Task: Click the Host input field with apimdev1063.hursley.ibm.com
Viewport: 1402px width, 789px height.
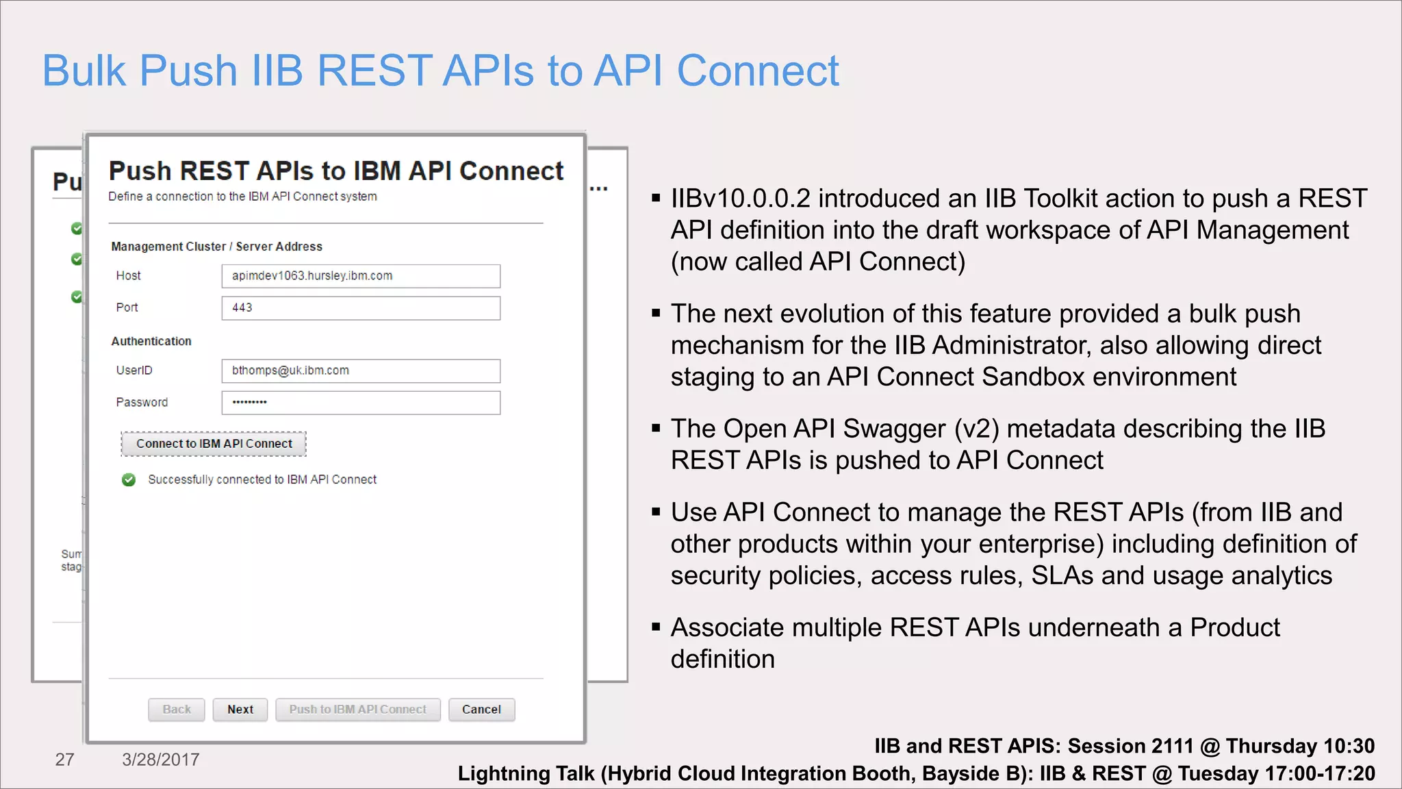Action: pyautogui.click(x=361, y=276)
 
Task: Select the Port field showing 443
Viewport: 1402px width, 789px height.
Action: pyautogui.click(x=361, y=308)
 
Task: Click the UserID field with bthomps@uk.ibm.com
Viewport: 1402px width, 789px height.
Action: pyautogui.click(x=361, y=371)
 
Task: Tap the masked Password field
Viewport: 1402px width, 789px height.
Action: pyautogui.click(x=361, y=403)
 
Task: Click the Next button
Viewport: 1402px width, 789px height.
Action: pyautogui.click(x=240, y=710)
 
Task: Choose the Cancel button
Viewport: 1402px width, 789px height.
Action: pyautogui.click(x=481, y=710)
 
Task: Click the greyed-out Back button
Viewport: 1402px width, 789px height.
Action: pyautogui.click(x=177, y=710)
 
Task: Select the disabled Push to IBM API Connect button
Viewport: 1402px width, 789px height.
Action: pyautogui.click(x=357, y=710)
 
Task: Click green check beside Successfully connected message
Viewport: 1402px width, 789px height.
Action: pyautogui.click(x=129, y=480)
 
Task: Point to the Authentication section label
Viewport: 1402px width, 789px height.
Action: pyautogui.click(x=151, y=341)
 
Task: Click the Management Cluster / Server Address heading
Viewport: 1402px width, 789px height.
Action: pyautogui.click(x=216, y=247)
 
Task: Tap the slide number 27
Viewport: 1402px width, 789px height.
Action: pyautogui.click(x=64, y=760)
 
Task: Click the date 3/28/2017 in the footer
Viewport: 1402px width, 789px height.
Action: pyautogui.click(x=161, y=760)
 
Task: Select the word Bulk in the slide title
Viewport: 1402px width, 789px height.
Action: pyautogui.click(x=84, y=71)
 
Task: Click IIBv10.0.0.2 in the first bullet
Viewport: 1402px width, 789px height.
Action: pyautogui.click(x=740, y=199)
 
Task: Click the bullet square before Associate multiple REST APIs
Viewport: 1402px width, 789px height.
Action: pyautogui.click(x=656, y=626)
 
